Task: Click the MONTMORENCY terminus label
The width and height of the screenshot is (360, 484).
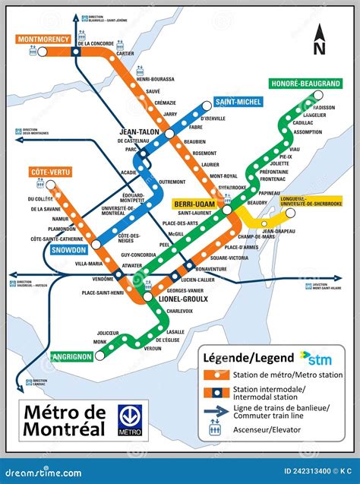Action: (x=43, y=39)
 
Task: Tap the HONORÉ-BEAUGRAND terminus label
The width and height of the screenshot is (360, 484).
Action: (x=303, y=84)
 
